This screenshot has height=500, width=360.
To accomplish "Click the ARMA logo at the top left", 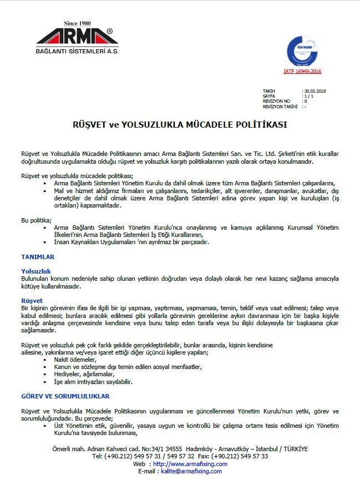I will pos(77,37).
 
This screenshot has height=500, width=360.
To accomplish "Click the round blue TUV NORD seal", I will pos(302,50).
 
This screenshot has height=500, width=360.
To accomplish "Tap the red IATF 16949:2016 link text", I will pos(302,71).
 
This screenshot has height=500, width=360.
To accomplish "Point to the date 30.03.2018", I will pos(315,90).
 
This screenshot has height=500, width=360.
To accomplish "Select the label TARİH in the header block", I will pos(268,90).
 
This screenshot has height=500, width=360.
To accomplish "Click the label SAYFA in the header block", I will pos(269,96).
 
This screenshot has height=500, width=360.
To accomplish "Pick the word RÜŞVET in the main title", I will pos(89,125).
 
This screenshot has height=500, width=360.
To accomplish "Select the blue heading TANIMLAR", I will pos(38,257).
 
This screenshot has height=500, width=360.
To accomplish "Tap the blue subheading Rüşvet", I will pos(31,300).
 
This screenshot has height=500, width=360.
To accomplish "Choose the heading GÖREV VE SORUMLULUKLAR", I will pos(65,396).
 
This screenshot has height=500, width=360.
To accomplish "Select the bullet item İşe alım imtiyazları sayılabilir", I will pos(93,382).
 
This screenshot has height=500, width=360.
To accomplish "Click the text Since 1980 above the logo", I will pos(77,23).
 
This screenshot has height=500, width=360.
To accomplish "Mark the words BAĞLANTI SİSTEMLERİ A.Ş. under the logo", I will pos(77,51).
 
